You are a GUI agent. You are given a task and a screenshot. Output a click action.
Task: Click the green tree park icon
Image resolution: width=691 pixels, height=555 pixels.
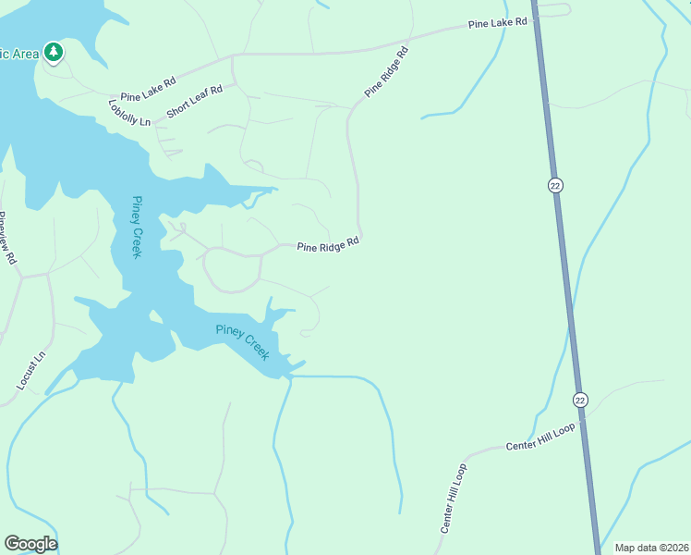point(54,52)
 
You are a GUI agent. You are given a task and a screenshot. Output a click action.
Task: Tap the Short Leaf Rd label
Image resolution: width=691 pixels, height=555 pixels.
point(195,102)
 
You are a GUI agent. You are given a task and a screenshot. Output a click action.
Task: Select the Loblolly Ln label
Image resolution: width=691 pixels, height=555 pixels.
point(128,113)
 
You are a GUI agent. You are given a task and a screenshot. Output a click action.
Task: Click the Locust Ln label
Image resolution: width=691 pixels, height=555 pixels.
point(30,371)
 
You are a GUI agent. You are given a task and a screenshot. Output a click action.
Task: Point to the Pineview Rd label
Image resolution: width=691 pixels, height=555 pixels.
point(8,239)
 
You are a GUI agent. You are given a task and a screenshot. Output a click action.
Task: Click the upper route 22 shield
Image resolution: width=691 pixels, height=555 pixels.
point(554,185)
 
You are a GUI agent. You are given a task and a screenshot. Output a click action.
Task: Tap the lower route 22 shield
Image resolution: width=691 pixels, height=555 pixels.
point(579,400)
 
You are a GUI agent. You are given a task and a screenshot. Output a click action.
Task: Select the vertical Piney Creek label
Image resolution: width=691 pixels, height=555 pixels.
point(136,227)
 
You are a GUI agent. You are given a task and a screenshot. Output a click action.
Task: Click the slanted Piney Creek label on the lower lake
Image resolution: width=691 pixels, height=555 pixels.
point(242,342)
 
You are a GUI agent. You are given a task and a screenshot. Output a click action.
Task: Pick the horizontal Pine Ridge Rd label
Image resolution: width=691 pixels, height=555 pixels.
point(327,244)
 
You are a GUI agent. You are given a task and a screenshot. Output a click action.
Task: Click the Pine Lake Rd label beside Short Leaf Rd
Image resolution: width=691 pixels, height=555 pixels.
point(148,88)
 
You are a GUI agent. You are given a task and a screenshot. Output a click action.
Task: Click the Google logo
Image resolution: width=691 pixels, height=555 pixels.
point(30,544)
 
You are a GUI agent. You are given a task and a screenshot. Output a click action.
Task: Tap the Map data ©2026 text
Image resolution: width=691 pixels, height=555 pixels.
point(651,548)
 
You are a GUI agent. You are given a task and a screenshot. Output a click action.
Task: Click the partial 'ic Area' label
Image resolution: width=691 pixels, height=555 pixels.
point(18,54)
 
